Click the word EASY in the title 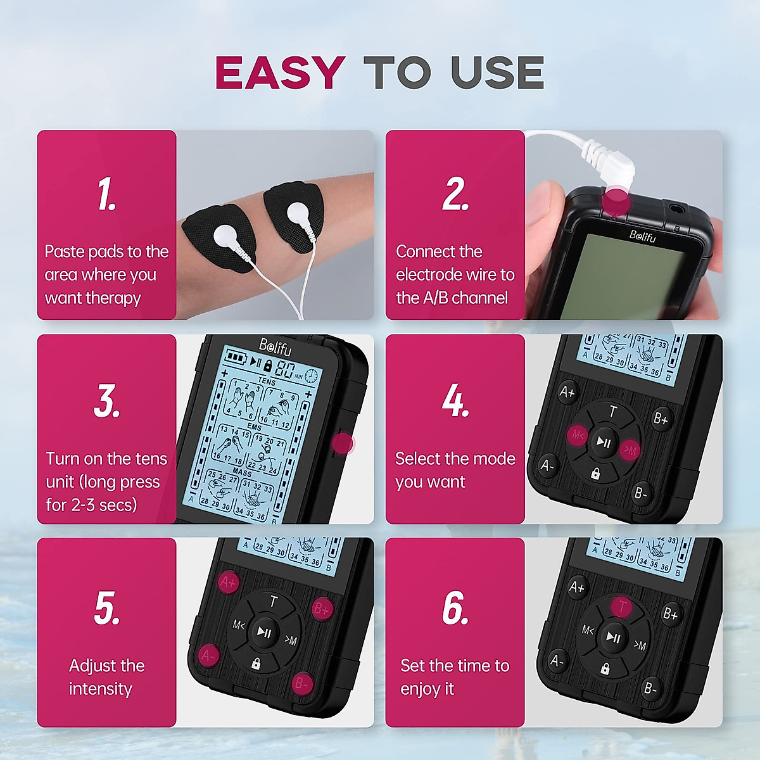[279, 72]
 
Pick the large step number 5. [106, 608]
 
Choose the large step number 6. [455, 608]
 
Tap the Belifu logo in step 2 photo [642, 236]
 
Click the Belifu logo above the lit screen [275, 346]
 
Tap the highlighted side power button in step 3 [343, 443]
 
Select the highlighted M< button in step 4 [577, 435]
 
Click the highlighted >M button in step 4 [630, 450]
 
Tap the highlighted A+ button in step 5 [228, 582]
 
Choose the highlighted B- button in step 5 [301, 684]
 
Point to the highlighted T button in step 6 [622, 607]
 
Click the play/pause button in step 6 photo [613, 637]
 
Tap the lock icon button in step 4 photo [595, 473]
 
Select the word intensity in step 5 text [100, 689]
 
